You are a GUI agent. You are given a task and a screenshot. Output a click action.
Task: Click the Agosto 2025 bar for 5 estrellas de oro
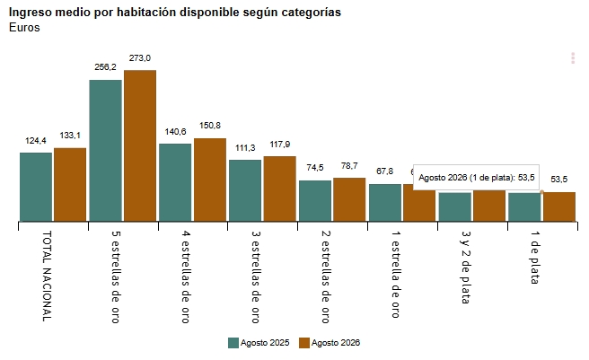(106, 150)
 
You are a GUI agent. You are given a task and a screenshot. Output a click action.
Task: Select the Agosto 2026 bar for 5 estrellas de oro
(140, 145)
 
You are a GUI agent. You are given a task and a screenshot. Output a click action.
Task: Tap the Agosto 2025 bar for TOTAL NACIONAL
(36, 187)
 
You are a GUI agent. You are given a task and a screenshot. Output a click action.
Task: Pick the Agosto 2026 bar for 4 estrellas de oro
(210, 180)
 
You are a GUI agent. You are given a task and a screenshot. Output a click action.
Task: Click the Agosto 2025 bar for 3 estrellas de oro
(245, 190)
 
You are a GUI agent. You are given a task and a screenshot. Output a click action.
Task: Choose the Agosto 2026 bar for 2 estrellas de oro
(349, 199)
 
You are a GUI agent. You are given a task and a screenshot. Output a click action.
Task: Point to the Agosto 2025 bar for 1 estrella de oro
(385, 203)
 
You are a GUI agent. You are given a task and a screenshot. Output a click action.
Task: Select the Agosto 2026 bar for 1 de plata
(559, 206)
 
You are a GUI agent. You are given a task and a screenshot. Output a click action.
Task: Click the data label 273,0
(140, 58)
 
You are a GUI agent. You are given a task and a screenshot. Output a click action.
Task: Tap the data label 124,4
(36, 141)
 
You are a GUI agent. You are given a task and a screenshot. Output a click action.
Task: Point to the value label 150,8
(210, 126)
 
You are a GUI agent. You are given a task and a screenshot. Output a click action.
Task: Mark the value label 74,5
(315, 168)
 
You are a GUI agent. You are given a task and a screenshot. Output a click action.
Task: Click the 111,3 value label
(245, 148)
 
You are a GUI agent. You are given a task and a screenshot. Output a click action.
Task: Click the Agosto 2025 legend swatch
(233, 343)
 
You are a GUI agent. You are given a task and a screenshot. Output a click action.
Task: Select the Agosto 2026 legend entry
(330, 343)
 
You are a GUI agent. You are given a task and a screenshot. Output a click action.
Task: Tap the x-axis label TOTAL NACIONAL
(47, 277)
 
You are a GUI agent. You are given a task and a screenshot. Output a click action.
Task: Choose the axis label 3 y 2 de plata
(466, 268)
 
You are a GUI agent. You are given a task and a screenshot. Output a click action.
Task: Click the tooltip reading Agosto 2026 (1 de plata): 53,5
(476, 178)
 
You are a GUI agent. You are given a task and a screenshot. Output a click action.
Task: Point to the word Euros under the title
(24, 28)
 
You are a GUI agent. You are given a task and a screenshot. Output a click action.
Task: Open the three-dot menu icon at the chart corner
(573, 58)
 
